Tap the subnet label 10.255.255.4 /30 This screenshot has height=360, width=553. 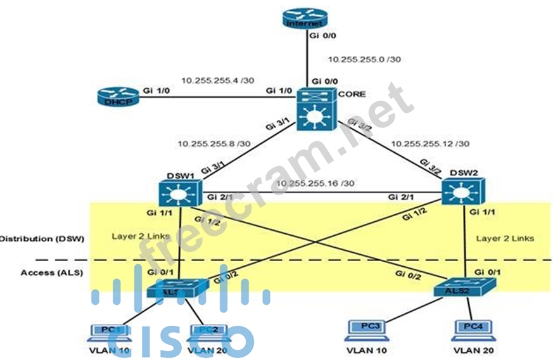(217, 80)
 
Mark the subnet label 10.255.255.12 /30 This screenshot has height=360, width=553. (431, 144)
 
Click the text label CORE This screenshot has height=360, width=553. (352, 94)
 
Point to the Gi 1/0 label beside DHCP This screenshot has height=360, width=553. (156, 91)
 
